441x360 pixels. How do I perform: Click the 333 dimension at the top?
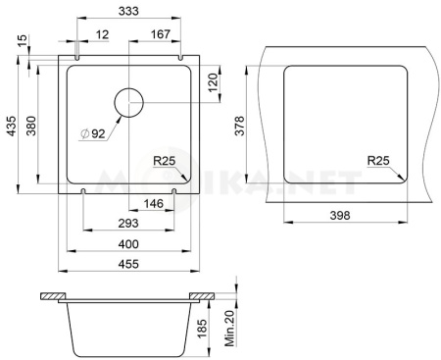click(x=128, y=11)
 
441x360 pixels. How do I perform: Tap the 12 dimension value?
click(x=102, y=34)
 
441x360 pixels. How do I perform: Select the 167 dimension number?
click(x=161, y=34)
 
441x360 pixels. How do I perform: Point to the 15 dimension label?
click(x=23, y=41)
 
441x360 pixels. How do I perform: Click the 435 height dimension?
click(x=11, y=126)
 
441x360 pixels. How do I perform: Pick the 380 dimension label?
click(x=31, y=126)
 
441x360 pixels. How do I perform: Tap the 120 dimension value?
click(x=213, y=82)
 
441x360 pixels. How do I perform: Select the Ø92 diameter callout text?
click(x=93, y=133)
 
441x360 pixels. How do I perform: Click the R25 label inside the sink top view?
click(x=165, y=161)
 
